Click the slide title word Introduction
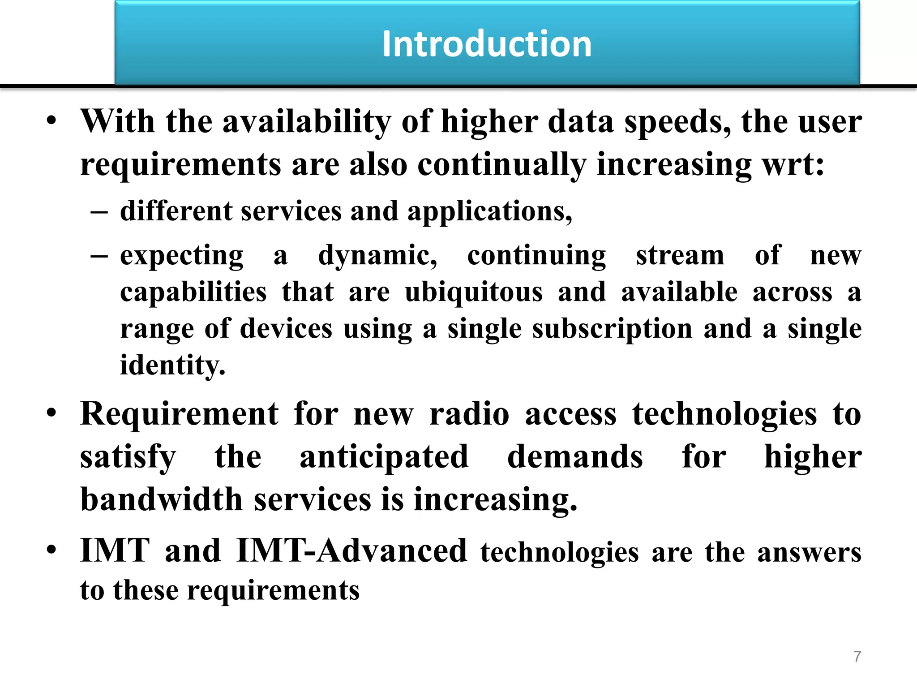click(487, 44)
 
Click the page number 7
click(857, 656)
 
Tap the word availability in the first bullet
click(307, 122)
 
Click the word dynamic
click(377, 256)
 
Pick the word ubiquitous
click(474, 292)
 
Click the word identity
click(172, 365)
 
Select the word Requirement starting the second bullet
click(179, 414)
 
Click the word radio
click(469, 414)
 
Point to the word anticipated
click(384, 457)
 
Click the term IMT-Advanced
click(351, 550)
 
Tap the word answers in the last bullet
click(809, 553)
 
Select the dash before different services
click(99, 212)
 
